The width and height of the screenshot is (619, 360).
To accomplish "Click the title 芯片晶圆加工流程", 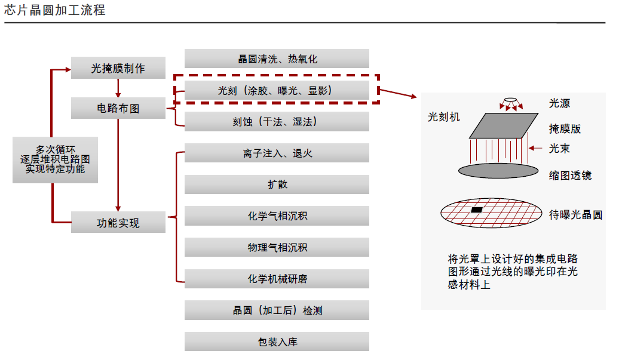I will coord(55,10).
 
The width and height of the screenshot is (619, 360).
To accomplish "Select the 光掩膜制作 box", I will coord(118,68).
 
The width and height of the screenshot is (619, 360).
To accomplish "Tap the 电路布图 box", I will coord(118,109).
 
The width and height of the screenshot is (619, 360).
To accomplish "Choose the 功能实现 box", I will coord(118,223).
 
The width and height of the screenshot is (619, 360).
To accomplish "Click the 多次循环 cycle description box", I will coord(55,159).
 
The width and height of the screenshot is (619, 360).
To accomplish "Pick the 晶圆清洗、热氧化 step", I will coord(277,59).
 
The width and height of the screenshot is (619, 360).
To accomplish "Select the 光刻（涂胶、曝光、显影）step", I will coord(277,90).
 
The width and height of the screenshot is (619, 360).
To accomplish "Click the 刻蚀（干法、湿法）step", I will coord(277,122).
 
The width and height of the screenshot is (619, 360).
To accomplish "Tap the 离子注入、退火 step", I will coord(277,153).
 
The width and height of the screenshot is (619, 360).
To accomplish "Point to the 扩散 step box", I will coord(277,184).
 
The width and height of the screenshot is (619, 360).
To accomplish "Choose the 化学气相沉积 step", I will coord(277,216).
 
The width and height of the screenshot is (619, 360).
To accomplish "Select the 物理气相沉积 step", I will coord(277,247).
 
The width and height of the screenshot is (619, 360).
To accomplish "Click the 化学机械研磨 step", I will coord(277,278).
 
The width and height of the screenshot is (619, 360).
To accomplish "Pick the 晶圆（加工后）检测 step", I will coord(277,310).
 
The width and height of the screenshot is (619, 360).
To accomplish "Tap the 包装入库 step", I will coord(277,341).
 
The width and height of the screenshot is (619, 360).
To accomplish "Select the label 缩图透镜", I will coord(570,175).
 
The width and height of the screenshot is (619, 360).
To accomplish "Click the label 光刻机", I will coord(444,117).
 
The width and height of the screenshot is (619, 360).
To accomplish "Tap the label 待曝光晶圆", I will coord(575,215).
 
